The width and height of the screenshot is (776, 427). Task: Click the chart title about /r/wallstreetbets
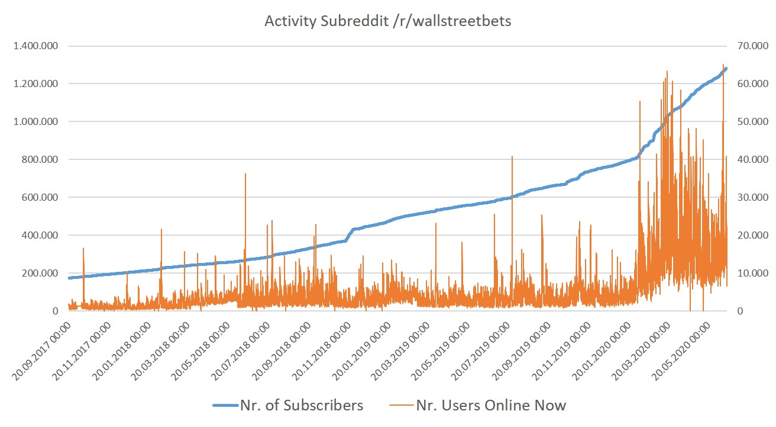(387, 21)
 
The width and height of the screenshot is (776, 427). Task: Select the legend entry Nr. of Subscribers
(301, 405)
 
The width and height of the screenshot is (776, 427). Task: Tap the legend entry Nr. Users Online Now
(491, 405)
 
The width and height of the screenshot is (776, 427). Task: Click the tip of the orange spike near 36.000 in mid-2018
(245, 174)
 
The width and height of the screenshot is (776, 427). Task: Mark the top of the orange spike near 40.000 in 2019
(512, 156)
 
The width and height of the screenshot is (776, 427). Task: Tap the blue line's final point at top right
(726, 69)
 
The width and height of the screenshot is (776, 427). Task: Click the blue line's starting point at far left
(69, 278)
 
